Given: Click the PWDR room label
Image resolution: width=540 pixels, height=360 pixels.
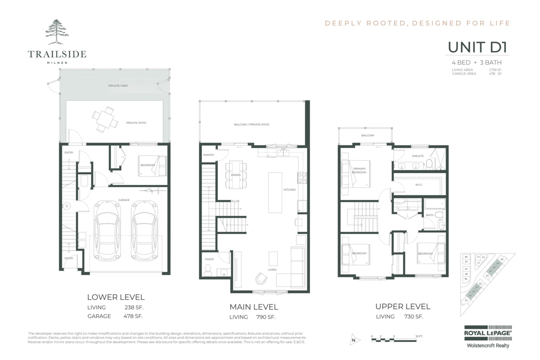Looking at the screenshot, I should pyautogui.click(x=209, y=259).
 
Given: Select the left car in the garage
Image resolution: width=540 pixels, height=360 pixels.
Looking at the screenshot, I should pyautogui.click(x=107, y=228).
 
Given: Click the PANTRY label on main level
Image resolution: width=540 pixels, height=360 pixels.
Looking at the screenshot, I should pyautogui.click(x=208, y=155).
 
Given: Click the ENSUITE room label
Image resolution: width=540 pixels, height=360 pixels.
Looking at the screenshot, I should pyautogui.click(x=418, y=156).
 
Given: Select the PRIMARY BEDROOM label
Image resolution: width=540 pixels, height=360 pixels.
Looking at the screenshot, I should pyautogui.click(x=359, y=171).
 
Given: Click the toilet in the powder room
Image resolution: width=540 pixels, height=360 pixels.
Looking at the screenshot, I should pyautogui.click(x=208, y=270).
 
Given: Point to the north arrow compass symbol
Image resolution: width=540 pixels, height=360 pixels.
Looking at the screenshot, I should pyautogui.click(x=354, y=340).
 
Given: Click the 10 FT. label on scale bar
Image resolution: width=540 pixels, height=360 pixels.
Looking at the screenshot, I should pyautogui.click(x=419, y=336).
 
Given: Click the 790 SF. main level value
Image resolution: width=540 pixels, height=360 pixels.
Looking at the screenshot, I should pyautogui.click(x=265, y=317).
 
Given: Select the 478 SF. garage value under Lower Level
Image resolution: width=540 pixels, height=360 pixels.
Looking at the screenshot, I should pyautogui.click(x=133, y=316).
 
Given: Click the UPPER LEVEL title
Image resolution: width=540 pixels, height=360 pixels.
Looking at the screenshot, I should pyautogui.click(x=403, y=306).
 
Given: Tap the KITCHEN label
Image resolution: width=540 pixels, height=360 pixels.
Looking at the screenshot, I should pyautogui.click(x=289, y=190).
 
